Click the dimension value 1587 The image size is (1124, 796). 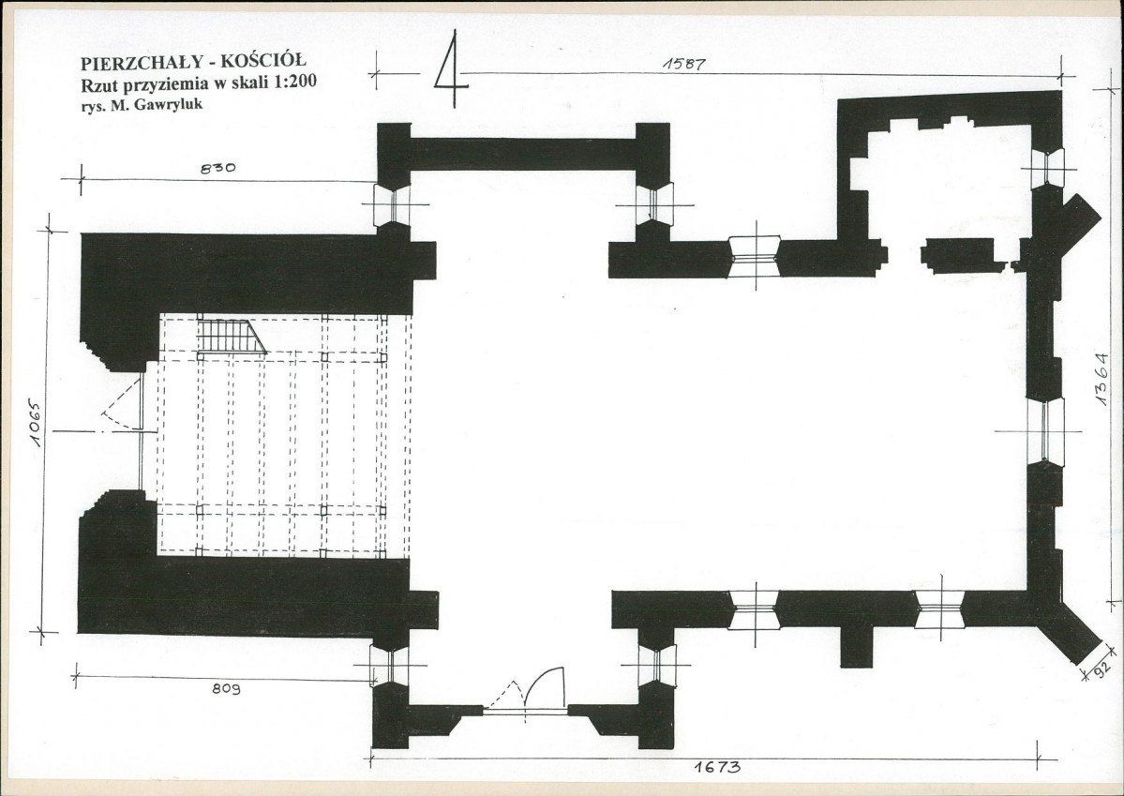tap(683, 64)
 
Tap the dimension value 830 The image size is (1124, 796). tap(217, 170)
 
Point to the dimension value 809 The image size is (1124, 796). tap(226, 688)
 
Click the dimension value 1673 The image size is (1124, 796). tap(717, 767)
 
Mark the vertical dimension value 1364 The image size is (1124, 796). tap(1102, 379)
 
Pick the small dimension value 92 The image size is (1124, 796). tap(1102, 669)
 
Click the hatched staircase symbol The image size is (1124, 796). tap(231, 337)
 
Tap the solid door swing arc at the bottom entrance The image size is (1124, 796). tap(545, 682)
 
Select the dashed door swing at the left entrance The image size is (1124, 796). tap(122, 405)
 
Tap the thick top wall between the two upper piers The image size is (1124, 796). tap(522, 154)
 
